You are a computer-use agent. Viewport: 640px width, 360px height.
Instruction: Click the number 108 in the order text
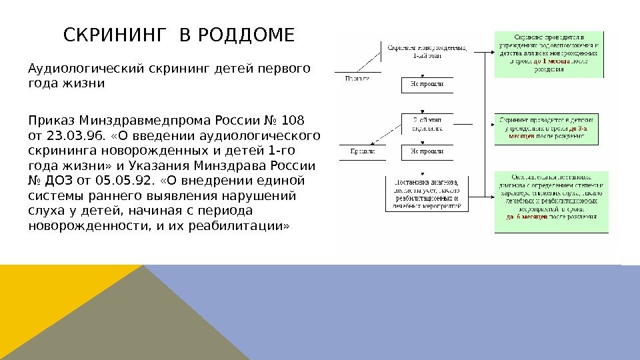(x=293, y=121)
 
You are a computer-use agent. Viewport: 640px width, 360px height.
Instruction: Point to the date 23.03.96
(x=71, y=136)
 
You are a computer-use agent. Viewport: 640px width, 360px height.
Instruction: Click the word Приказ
(x=51, y=121)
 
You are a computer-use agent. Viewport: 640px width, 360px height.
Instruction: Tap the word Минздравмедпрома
(x=144, y=121)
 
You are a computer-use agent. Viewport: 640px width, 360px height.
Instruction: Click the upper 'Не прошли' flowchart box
(x=427, y=85)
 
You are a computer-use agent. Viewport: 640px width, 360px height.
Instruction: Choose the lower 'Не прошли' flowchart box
(x=427, y=151)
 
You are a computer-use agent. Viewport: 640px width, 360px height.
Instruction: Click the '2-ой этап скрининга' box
(x=427, y=123)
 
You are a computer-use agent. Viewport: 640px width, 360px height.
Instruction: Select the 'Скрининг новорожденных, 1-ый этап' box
(x=427, y=52)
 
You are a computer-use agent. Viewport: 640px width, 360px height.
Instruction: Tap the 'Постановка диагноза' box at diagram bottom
(x=427, y=193)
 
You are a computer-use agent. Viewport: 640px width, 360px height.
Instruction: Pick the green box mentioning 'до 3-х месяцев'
(x=550, y=127)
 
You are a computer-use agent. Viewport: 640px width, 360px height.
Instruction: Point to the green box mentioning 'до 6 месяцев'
(x=550, y=201)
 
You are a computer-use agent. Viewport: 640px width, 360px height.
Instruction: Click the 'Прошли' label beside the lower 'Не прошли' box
(x=363, y=151)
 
